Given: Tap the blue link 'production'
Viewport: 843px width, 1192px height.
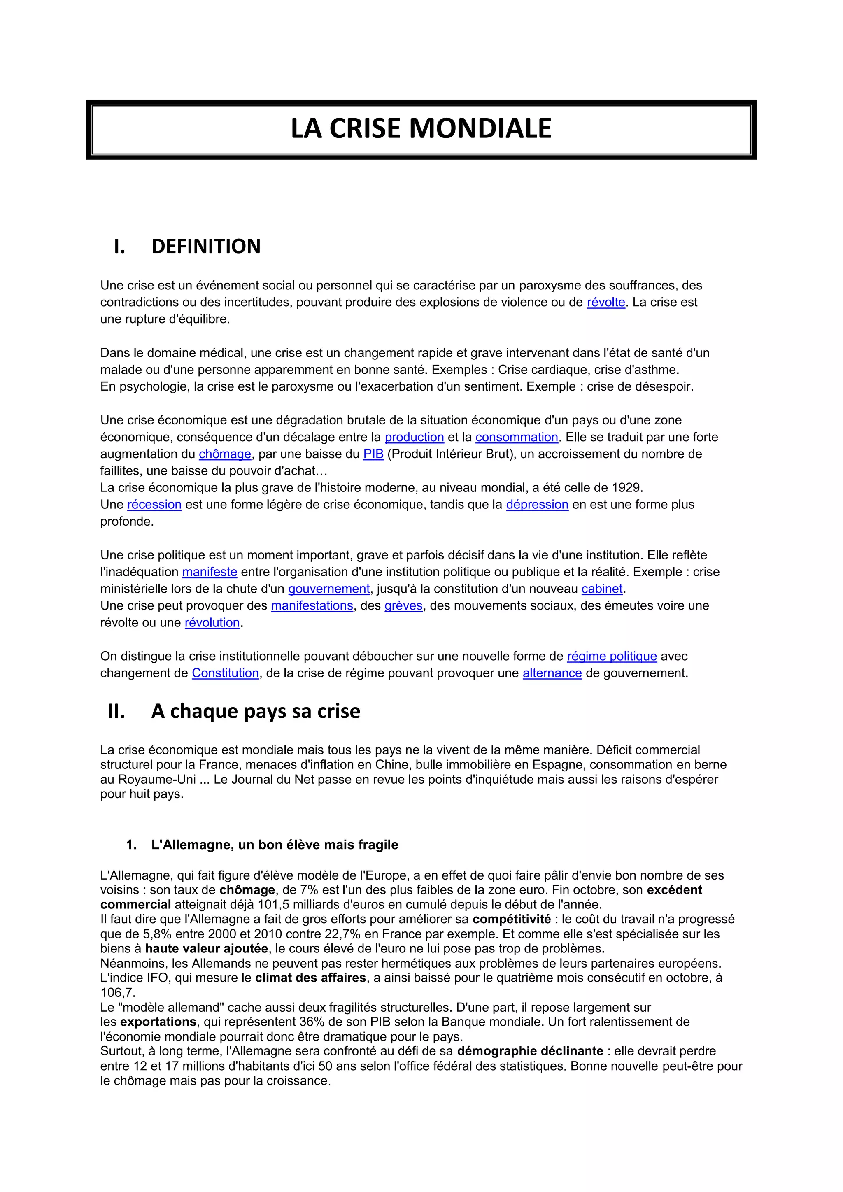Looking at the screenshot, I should tap(414, 437).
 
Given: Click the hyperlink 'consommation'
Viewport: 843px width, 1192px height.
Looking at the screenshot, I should tap(517, 437).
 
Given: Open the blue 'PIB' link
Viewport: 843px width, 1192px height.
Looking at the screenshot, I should tap(373, 454).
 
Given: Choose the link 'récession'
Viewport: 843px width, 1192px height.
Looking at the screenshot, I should tap(154, 505).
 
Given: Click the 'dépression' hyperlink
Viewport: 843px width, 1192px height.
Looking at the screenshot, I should tap(537, 505).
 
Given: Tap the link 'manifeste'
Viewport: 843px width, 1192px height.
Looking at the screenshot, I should tap(209, 572).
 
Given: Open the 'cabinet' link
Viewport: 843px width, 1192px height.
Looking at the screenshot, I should tap(602, 589).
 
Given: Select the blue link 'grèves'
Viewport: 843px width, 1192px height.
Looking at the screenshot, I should tap(403, 606).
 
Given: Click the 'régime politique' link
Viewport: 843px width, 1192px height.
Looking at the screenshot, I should tap(612, 656).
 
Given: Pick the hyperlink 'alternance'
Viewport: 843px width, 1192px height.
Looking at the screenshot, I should tap(552, 673).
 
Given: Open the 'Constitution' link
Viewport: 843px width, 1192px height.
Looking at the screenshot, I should tap(225, 673).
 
